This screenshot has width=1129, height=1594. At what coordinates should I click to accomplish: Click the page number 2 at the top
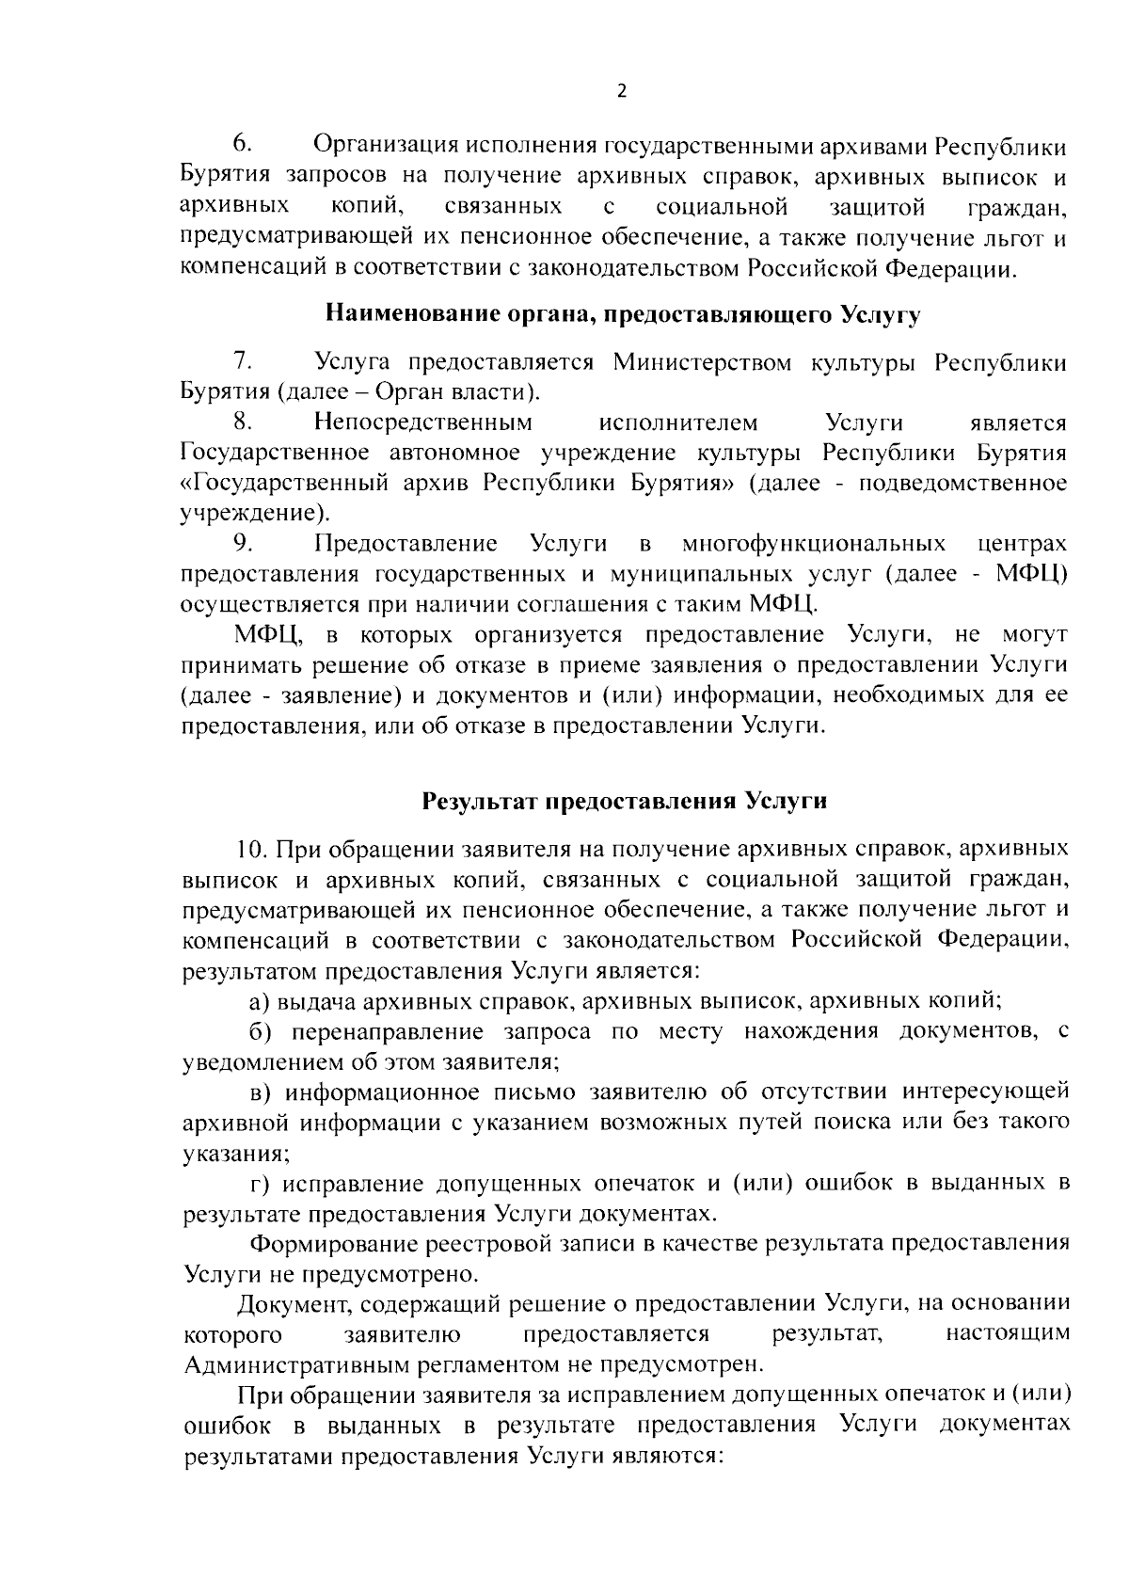pyautogui.click(x=620, y=91)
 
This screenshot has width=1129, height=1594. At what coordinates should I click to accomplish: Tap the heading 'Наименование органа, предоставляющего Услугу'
pyautogui.click(x=622, y=315)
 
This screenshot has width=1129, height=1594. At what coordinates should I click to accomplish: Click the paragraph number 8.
pyautogui.click(x=242, y=422)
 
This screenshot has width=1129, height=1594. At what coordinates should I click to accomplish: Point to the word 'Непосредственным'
pyautogui.click(x=423, y=422)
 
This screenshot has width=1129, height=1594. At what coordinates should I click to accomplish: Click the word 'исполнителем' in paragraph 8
pyautogui.click(x=677, y=422)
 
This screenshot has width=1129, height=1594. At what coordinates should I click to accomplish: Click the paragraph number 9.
pyautogui.click(x=242, y=544)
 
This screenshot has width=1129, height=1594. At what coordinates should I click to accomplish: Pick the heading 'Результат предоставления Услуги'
pyautogui.click(x=624, y=802)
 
